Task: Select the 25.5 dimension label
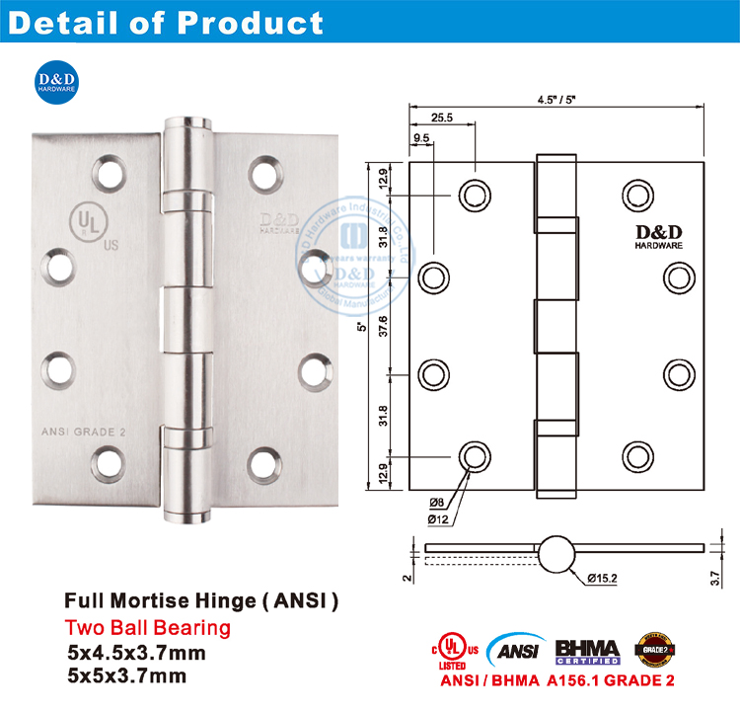click(441, 118)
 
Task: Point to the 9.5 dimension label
click(421, 139)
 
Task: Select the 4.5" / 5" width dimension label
click(557, 99)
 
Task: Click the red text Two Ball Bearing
click(148, 627)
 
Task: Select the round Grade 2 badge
click(652, 647)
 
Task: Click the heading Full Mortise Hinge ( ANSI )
click(202, 600)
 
